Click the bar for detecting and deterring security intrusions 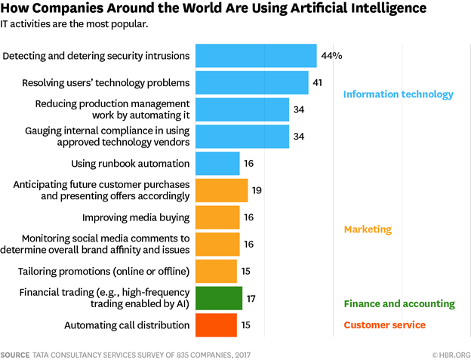[x=256, y=56]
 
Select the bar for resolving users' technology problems [x=251, y=82]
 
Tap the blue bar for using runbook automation [x=217, y=163]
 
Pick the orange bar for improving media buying [x=217, y=217]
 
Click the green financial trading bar [x=219, y=298]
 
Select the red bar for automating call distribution [x=216, y=325]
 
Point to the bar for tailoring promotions [x=216, y=270]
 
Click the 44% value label [x=332, y=56]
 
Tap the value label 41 [x=318, y=82]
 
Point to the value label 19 [x=257, y=190]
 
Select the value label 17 [x=251, y=299]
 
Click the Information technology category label [x=398, y=94]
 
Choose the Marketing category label [x=367, y=229]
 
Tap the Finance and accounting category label [x=399, y=304]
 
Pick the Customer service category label [x=384, y=325]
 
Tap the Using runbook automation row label [x=131, y=164]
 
